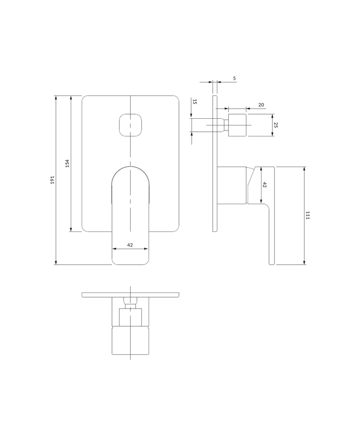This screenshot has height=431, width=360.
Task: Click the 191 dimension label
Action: pyautogui.click(x=53, y=180)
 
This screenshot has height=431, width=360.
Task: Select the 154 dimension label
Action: pyautogui.click(x=67, y=163)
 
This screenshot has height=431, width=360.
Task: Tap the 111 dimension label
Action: pyautogui.click(x=307, y=215)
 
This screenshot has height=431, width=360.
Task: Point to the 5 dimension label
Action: pyautogui.click(x=235, y=78)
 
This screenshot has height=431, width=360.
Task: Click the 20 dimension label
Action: pyautogui.click(x=261, y=105)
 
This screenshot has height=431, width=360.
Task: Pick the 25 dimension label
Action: pyautogui.click(x=276, y=125)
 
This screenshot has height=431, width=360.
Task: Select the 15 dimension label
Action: pyautogui.click(x=195, y=101)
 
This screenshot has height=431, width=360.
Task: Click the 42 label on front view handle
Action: pyautogui.click(x=130, y=245)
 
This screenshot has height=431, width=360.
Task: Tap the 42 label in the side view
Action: pyautogui.click(x=264, y=185)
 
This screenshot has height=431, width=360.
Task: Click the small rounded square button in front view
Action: pyautogui.click(x=131, y=125)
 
